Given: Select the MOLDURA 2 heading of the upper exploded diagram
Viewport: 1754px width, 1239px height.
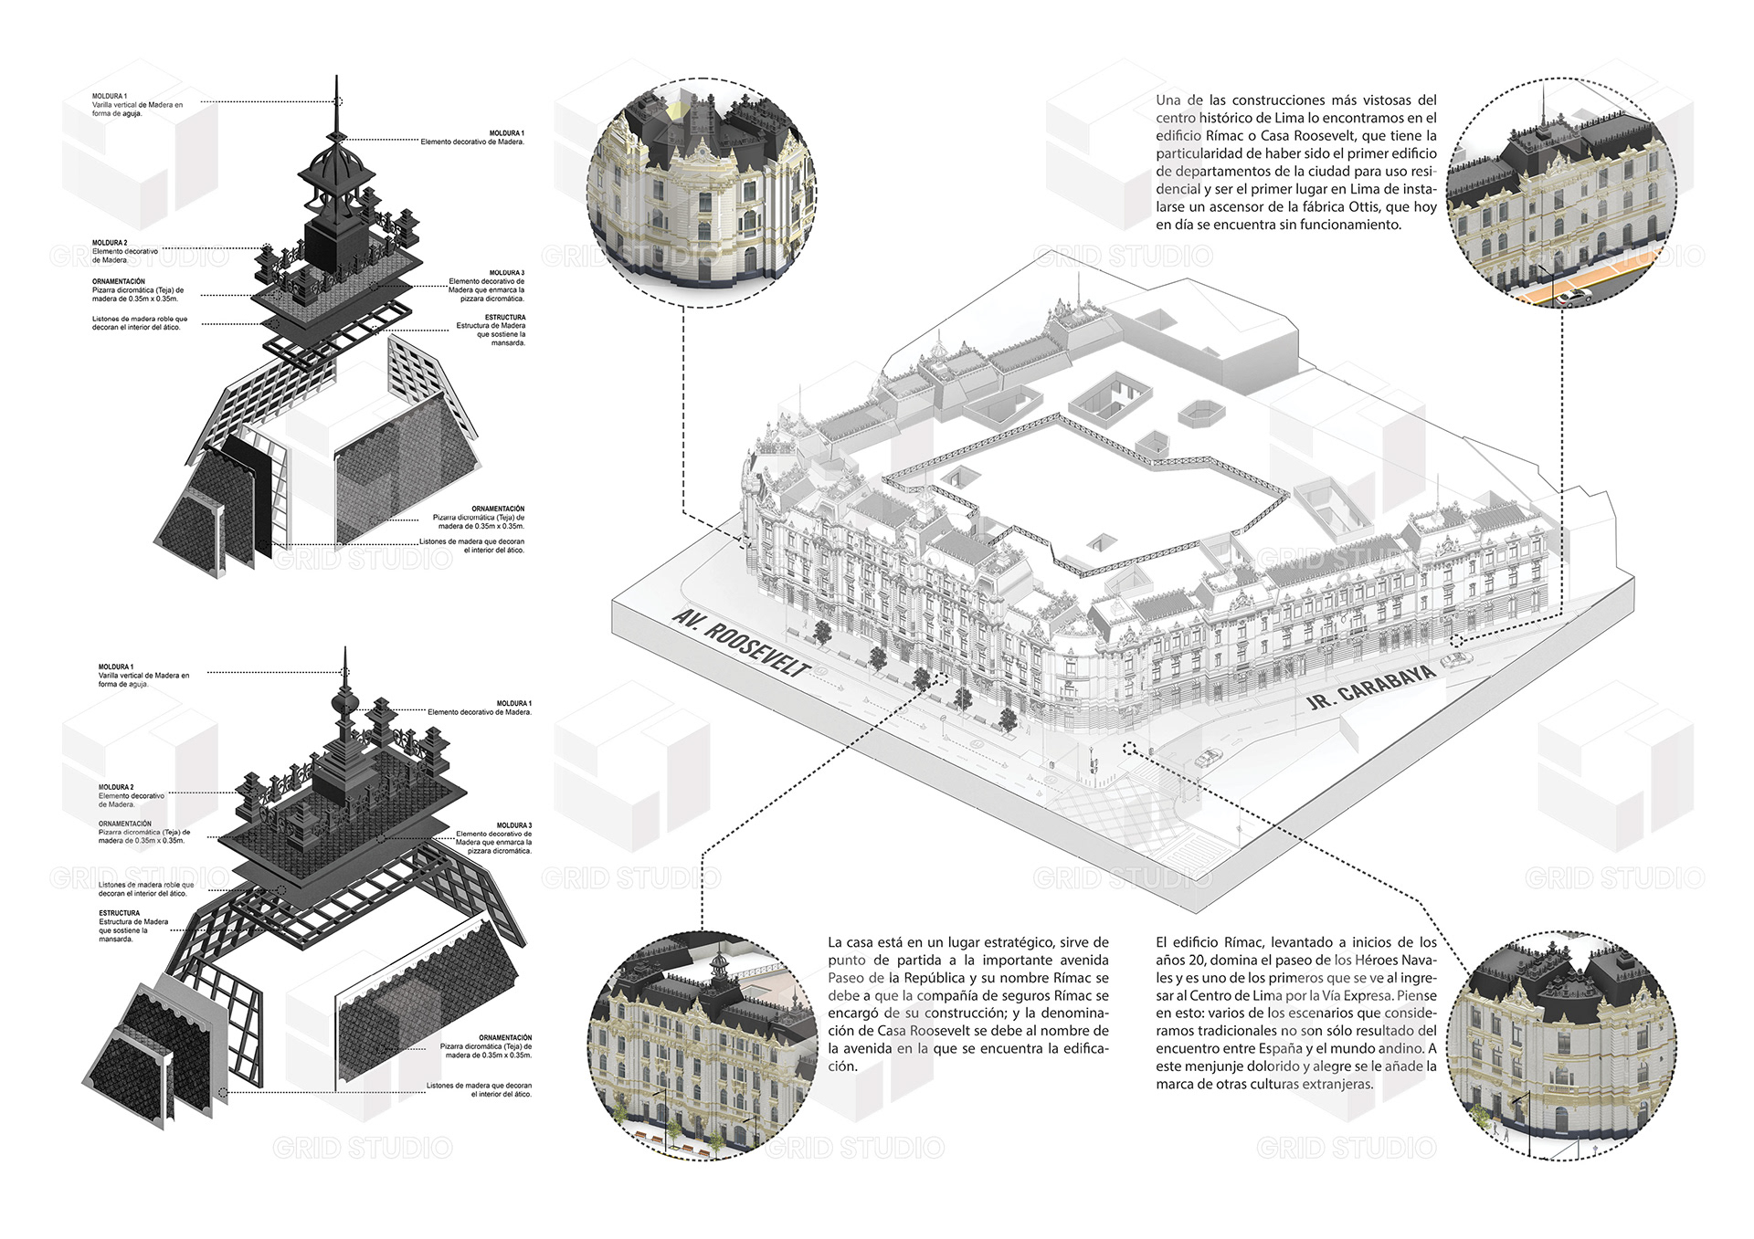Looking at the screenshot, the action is point(110,243).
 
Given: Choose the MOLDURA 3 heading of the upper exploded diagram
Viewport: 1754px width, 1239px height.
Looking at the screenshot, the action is point(507,273).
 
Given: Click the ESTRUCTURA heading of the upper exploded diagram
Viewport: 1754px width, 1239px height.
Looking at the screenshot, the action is point(505,318).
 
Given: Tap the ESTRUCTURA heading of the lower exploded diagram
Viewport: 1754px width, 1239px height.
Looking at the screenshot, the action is point(120,913).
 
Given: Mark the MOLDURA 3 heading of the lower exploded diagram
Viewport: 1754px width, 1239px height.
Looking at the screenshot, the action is point(513,825).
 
